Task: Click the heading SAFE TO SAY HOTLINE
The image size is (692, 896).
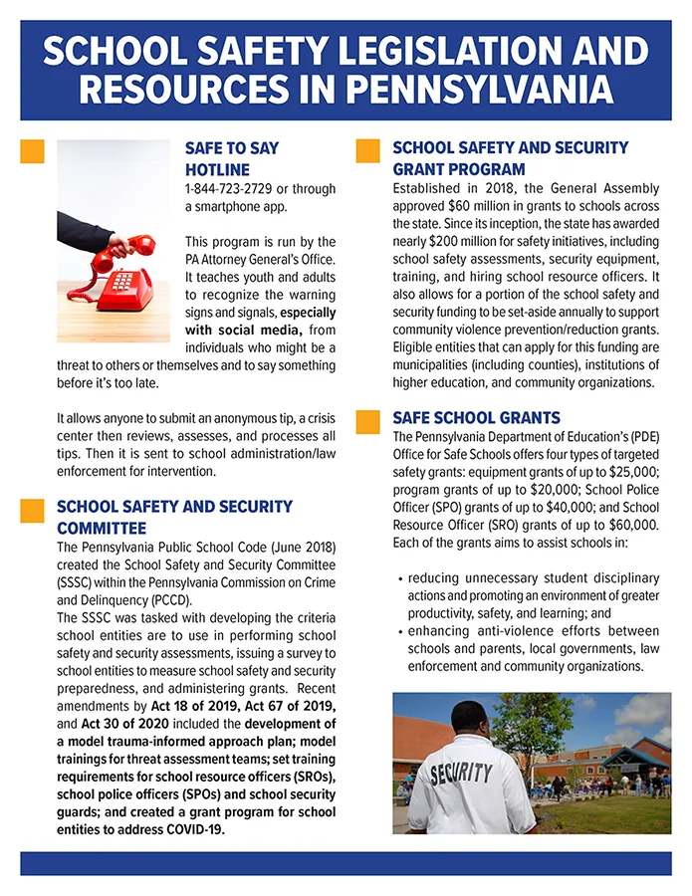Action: (231, 158)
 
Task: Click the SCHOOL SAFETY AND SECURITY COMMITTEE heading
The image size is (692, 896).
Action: (174, 517)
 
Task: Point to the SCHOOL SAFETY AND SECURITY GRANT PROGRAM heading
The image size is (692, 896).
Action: (510, 158)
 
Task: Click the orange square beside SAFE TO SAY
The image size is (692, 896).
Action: (33, 150)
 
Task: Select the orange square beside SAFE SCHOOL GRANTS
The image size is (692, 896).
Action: (368, 419)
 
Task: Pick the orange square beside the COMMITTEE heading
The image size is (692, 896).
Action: (33, 510)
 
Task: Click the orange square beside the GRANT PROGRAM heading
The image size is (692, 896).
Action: (368, 150)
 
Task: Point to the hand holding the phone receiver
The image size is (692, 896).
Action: (117, 243)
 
